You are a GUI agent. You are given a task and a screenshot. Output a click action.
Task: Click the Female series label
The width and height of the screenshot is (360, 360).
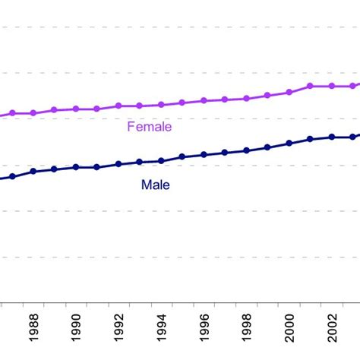click(149, 127)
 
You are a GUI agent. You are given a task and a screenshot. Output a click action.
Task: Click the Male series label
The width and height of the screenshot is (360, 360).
click(155, 185)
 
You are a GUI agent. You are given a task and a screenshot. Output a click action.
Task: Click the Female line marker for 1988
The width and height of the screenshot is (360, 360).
click(33, 113)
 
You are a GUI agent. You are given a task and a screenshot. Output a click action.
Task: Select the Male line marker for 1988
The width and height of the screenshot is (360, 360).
click(33, 172)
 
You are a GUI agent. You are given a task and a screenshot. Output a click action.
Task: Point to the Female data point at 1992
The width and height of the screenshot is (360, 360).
click(118, 106)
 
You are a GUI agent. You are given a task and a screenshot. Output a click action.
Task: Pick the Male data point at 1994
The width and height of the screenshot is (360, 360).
click(161, 161)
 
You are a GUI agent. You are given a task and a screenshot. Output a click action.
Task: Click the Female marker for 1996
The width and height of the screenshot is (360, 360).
click(204, 100)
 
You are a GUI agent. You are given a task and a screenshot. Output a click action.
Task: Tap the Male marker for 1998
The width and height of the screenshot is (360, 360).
click(246, 150)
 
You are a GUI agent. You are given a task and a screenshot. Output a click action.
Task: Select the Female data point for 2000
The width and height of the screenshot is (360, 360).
click(289, 93)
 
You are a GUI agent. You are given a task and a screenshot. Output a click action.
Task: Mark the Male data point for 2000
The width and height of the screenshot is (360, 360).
click(289, 143)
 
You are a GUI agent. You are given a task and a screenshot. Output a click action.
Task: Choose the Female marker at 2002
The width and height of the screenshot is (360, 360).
click(332, 86)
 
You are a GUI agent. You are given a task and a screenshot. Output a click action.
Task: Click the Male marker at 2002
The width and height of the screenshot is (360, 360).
click(332, 137)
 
